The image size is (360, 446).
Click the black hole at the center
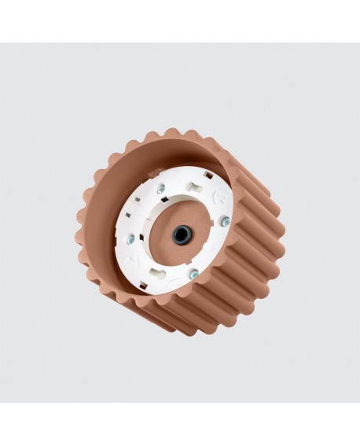pos(182,234)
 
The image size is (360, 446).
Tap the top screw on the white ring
pos(161,189)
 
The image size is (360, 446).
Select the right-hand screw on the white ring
pos(226,221)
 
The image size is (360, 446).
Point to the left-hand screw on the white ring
pos(130,238)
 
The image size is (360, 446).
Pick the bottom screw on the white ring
pos(194,274)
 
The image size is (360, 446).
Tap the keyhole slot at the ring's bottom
pos(158,273)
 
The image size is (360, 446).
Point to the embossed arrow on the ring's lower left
pos(136,260)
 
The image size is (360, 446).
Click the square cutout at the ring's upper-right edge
pos(209,175)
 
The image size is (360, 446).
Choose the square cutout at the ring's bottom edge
pos(142,284)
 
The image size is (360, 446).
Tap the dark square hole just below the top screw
pos(165,199)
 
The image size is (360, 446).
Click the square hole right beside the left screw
pos(141,238)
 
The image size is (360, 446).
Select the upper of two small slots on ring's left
pos(138,199)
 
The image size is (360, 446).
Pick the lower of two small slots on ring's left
pos(128,214)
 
